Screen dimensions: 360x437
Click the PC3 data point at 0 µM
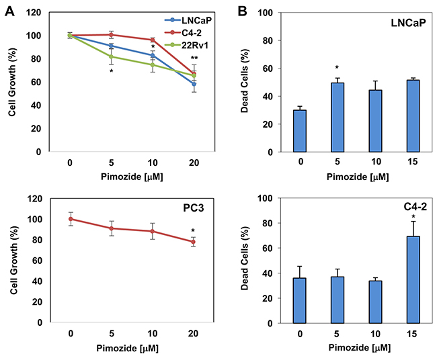71,219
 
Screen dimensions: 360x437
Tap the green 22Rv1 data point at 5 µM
111,56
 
